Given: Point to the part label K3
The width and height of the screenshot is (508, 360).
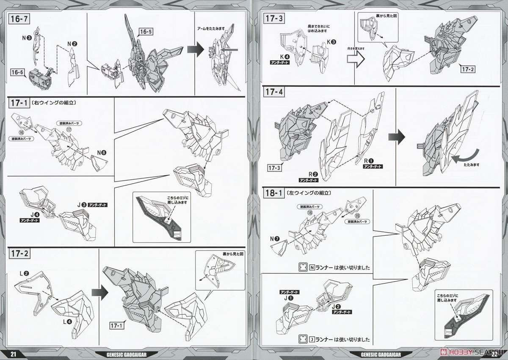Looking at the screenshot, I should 331,42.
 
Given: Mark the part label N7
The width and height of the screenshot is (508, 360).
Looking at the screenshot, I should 274,239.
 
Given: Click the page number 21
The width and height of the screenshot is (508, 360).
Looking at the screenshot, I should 14,355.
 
